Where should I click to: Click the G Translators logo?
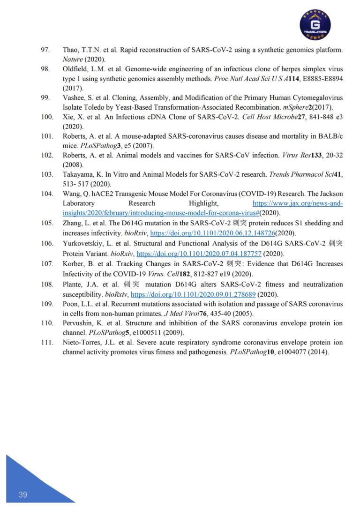pyautogui.click(x=315, y=24)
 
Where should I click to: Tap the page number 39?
pyautogui.click(x=23, y=495)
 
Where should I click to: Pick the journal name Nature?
pyautogui.click(x=73, y=59)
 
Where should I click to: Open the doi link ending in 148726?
pyautogui.click(x=212, y=233)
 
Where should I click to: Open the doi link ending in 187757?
pyautogui.click(x=199, y=254)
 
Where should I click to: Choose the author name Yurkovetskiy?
pyautogui.click(x=83, y=243)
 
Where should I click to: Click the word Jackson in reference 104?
pyautogui.click(x=330, y=194)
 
